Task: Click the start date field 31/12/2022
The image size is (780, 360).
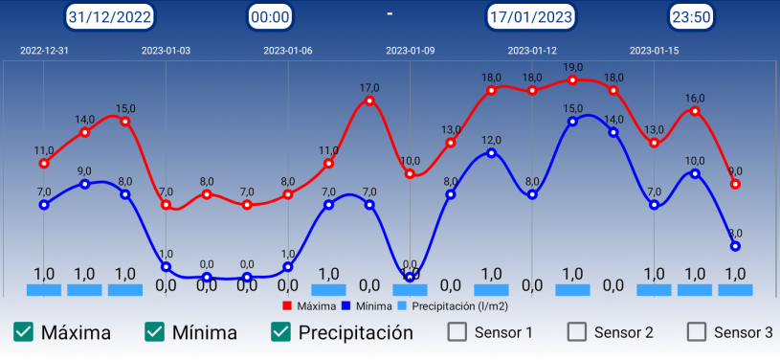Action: pos(110,16)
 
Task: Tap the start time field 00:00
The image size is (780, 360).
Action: pos(269,16)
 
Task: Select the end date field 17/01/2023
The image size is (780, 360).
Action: pos(531,16)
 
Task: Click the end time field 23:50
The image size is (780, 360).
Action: pos(690,16)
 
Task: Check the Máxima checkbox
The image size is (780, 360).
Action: pos(24,332)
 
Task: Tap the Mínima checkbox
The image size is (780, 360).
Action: pos(154,332)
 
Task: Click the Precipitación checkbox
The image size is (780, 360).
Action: pos(280,332)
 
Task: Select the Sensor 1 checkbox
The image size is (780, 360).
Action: pos(458,332)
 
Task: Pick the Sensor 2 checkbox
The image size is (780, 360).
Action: pos(577,332)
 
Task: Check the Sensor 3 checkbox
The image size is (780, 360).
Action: pos(697,332)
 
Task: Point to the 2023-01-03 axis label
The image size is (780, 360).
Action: pos(166,51)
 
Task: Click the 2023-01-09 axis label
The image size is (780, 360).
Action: pos(410,51)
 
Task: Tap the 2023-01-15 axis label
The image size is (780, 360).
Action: pos(655,51)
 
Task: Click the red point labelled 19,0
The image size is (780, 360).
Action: pos(572,80)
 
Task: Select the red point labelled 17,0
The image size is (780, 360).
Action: pos(369,101)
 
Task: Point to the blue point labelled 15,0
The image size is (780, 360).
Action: pos(572,121)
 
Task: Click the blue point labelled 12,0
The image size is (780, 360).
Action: pos(491,152)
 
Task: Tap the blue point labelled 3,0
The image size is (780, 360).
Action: pos(735,246)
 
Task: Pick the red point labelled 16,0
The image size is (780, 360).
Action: pos(695,111)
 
